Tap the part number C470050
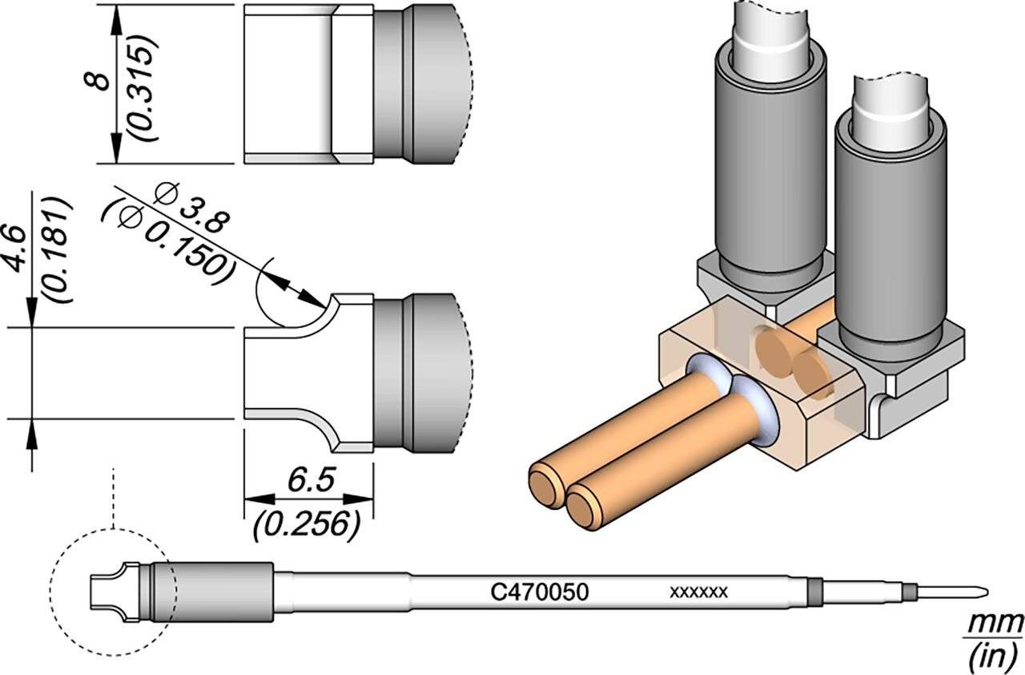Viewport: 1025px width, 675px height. [540, 593]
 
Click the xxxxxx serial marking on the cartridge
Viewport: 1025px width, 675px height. [698, 593]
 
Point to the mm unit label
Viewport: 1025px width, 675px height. [995, 622]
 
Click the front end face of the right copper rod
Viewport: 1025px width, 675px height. [585, 508]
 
